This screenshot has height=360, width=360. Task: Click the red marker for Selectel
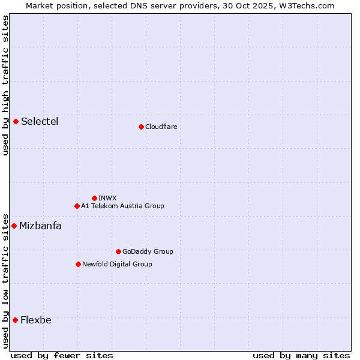click(x=16, y=122)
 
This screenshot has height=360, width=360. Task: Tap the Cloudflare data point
click(x=141, y=127)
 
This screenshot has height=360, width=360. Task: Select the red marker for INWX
click(x=94, y=198)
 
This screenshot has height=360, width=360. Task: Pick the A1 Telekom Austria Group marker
click(x=77, y=206)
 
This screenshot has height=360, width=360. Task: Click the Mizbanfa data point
click(x=14, y=226)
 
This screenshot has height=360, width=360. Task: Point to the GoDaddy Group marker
click(x=118, y=251)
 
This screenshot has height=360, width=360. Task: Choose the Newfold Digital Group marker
click(x=78, y=264)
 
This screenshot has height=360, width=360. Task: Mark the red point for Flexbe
click(x=15, y=320)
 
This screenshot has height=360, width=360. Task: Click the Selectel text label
click(x=40, y=122)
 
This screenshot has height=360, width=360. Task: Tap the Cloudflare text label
click(x=161, y=127)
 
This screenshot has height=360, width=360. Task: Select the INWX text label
click(x=107, y=198)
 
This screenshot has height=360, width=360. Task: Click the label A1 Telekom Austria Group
click(x=122, y=206)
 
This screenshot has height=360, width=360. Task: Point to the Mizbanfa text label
click(x=40, y=226)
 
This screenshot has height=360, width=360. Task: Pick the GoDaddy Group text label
click(x=148, y=251)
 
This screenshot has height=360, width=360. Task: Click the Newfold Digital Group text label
click(x=117, y=264)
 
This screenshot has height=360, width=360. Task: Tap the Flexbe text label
click(x=36, y=320)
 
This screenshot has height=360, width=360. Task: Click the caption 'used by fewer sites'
click(x=62, y=355)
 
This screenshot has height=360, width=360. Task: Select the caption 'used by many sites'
click(x=301, y=355)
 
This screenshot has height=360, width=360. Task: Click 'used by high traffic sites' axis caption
click(x=5, y=85)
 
